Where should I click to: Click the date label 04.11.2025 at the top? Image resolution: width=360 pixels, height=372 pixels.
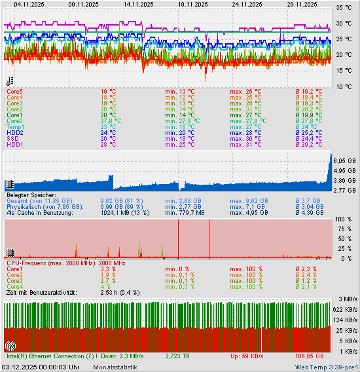(x=29, y=4)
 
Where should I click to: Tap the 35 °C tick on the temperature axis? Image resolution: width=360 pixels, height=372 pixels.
(x=343, y=8)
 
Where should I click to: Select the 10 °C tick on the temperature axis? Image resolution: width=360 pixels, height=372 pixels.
(x=343, y=86)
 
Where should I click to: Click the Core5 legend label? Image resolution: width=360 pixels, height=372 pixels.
(x=14, y=92)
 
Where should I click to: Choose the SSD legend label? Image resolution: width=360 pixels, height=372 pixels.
(x=12, y=139)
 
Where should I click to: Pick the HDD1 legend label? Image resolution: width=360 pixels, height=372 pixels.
(x=14, y=145)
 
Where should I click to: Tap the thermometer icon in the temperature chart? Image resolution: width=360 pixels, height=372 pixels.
(x=9, y=82)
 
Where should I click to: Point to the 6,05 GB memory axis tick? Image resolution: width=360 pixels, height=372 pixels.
(x=344, y=160)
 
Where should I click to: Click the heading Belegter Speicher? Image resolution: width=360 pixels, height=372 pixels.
(x=31, y=195)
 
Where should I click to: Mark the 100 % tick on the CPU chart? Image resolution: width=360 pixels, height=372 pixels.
(x=343, y=219)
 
